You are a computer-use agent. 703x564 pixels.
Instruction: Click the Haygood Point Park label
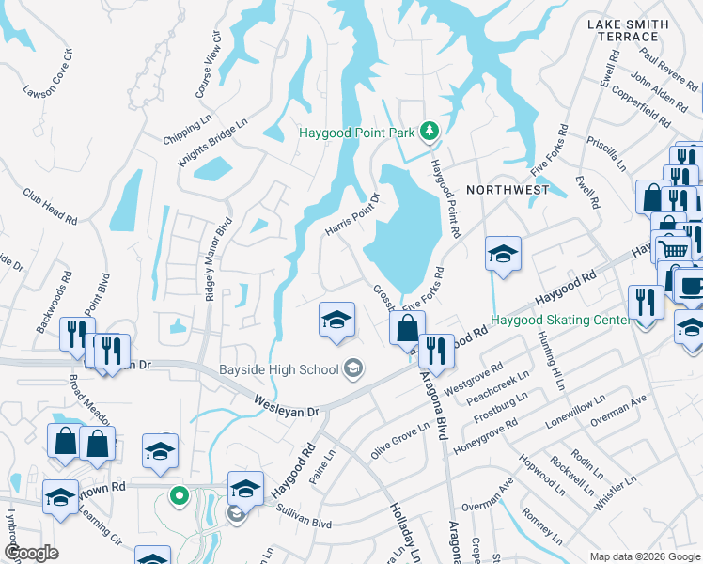coord(356,133)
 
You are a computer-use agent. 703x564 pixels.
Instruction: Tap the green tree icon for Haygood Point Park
coord(430,131)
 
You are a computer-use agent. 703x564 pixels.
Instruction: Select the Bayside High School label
coord(279,368)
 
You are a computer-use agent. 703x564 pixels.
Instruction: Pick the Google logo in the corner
coord(31,553)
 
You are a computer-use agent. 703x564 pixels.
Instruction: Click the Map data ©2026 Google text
coord(644,556)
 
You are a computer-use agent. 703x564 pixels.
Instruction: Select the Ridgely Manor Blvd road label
coord(215,259)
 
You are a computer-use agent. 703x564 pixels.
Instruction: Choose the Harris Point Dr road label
coord(351,216)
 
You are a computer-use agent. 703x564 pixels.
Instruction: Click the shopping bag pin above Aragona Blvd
coord(407,329)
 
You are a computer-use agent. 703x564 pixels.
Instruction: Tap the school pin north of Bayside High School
coord(336,320)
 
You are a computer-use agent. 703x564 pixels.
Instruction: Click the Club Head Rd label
coord(51,205)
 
